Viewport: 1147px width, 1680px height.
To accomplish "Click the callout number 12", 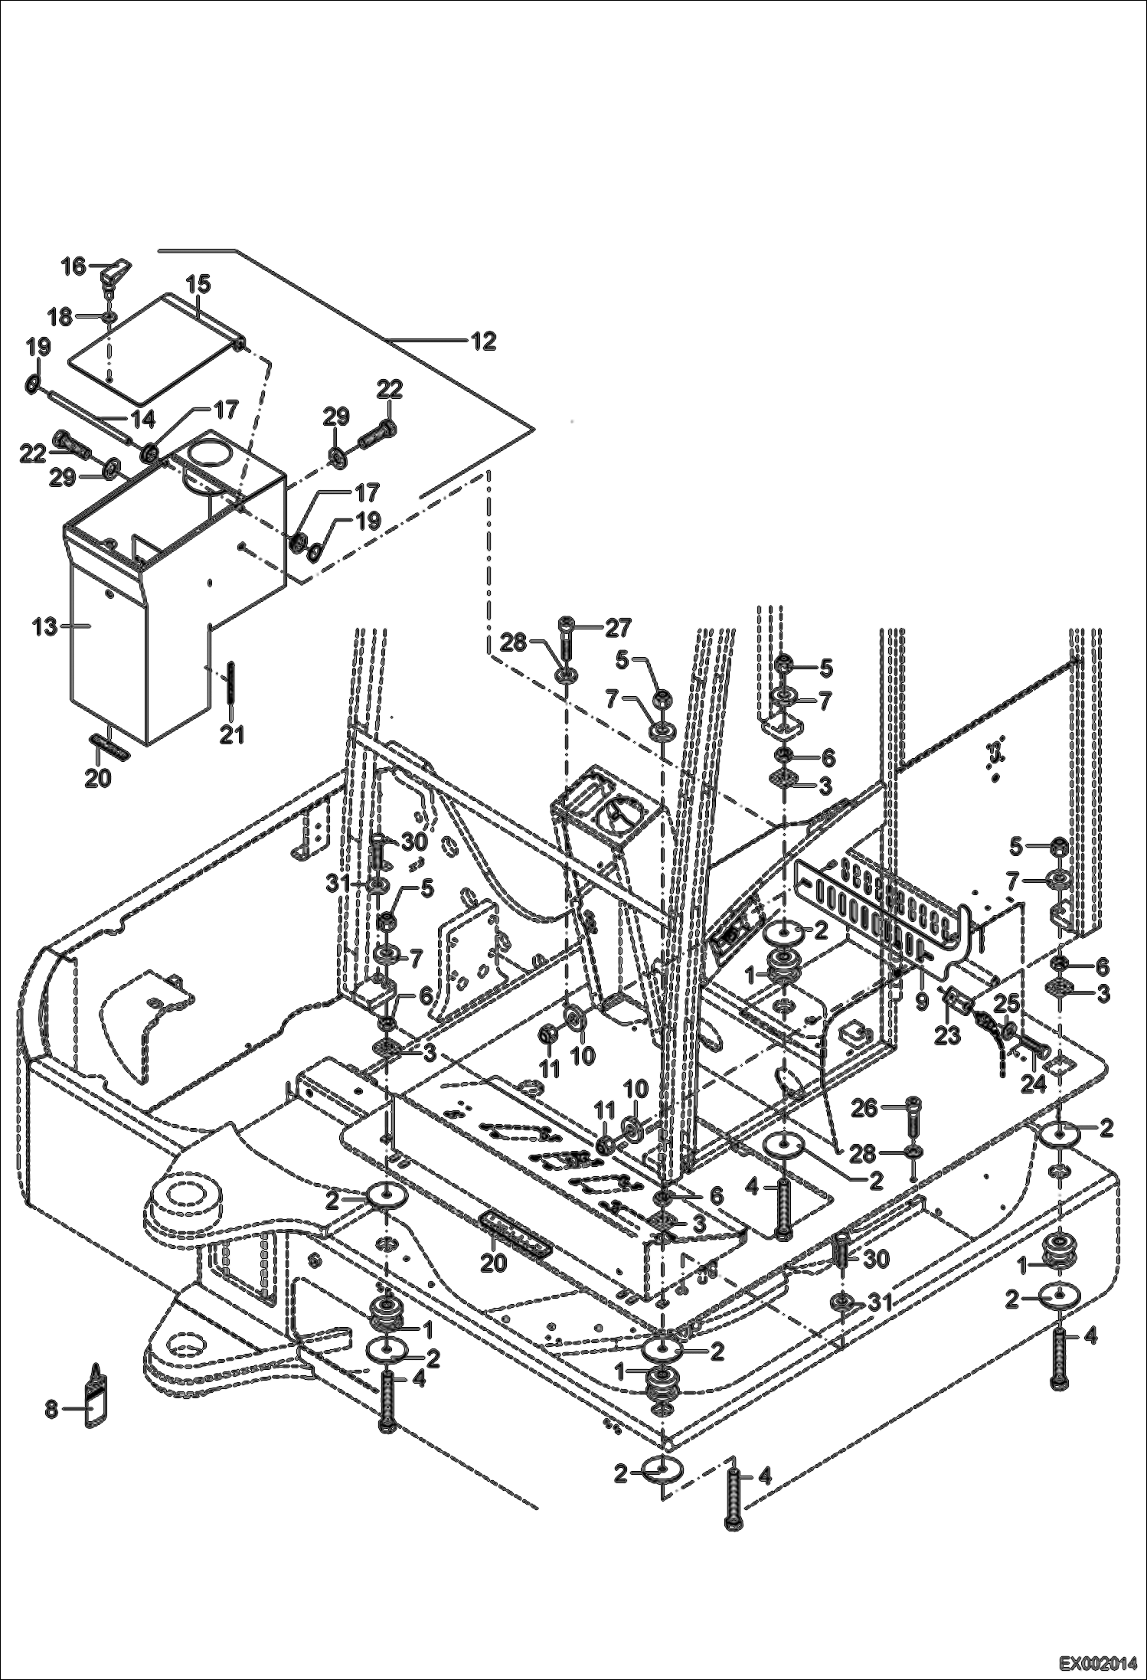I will click(483, 341).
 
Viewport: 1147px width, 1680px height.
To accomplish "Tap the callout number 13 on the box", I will click(44, 626).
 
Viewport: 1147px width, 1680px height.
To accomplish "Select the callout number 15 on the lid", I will click(198, 284).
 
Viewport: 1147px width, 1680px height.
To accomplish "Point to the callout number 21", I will click(231, 735).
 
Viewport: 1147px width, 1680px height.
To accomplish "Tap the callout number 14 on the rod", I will click(142, 419).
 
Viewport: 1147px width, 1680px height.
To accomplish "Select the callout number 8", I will click(51, 1408).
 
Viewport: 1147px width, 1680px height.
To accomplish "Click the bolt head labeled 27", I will click(567, 622).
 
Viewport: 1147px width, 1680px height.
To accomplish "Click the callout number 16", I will click(74, 266).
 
